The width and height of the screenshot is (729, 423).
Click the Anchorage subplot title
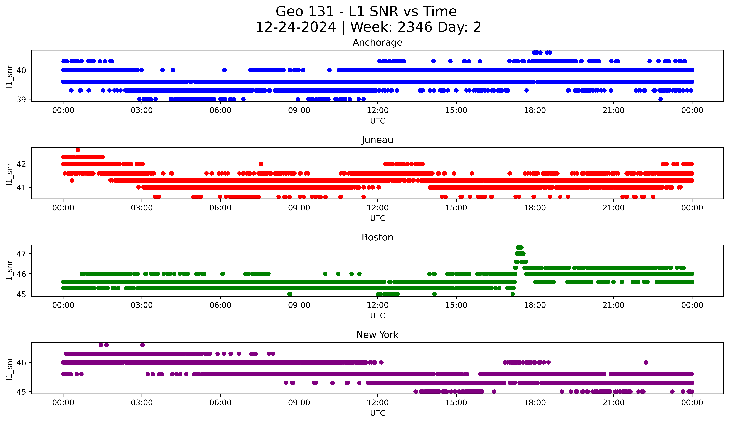pos(377,43)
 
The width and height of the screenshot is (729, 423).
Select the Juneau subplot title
pos(377,140)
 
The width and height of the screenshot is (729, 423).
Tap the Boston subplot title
pos(377,237)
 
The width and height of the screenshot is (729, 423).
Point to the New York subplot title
pos(377,335)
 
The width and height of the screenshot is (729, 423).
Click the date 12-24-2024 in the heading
pos(296,27)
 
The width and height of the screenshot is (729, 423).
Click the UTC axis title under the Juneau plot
pos(377,218)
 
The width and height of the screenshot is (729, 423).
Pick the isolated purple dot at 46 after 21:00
pos(646,362)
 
